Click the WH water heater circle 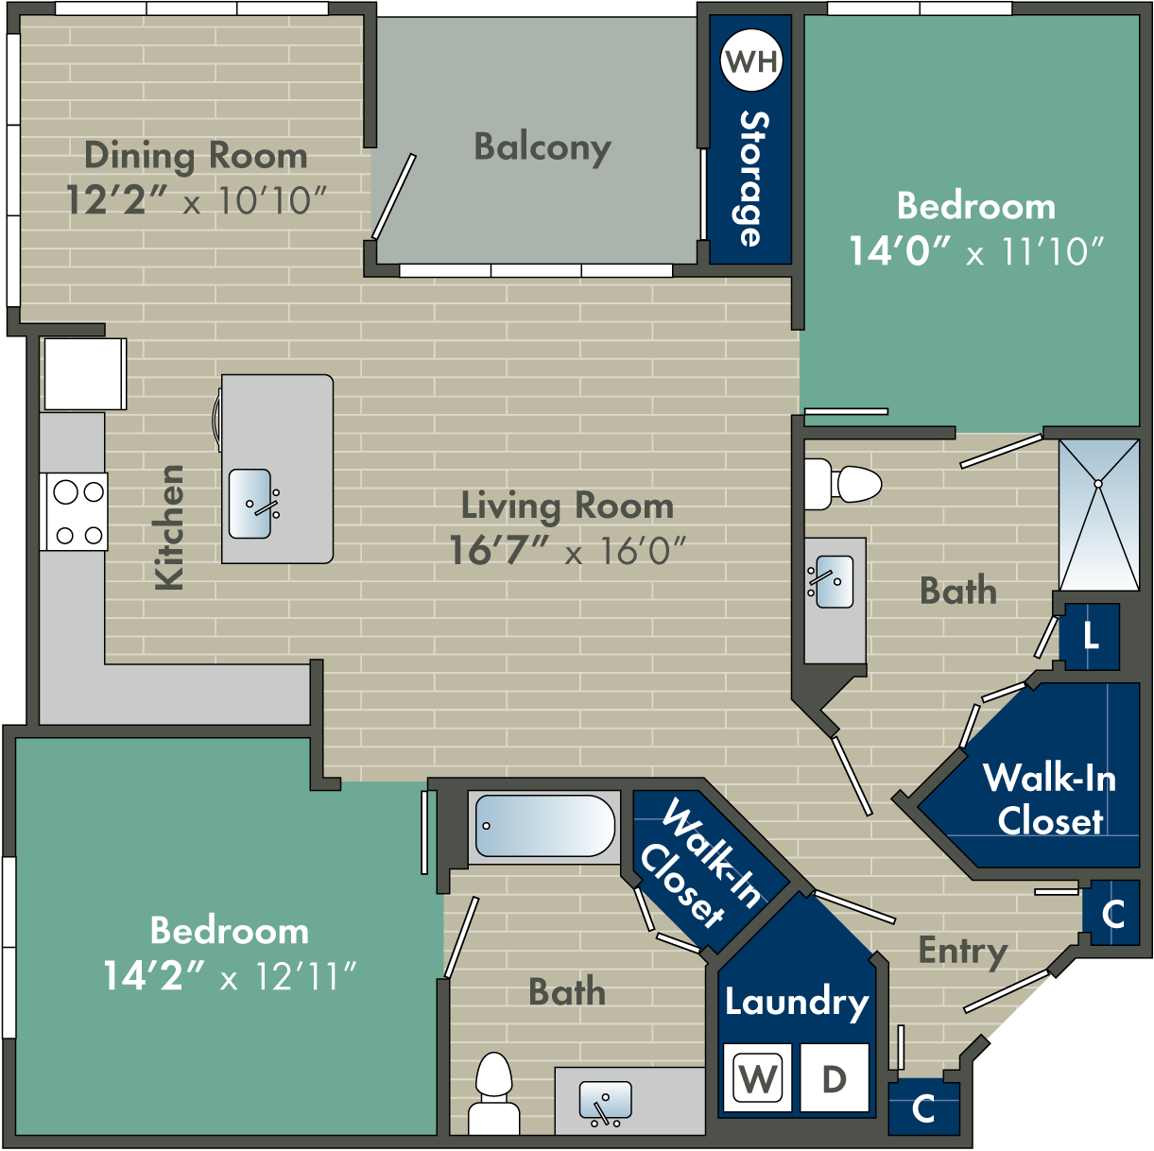[x=751, y=61]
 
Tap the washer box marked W [x=758, y=1077]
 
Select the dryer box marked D [x=834, y=1077]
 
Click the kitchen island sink [x=250, y=504]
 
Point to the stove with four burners [x=75, y=512]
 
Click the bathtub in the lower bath [x=544, y=826]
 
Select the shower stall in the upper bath [x=1098, y=515]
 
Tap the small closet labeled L [x=1090, y=636]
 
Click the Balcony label [x=543, y=147]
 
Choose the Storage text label [x=752, y=180]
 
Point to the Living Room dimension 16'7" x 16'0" [x=567, y=550]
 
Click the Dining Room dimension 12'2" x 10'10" [x=196, y=200]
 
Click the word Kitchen [x=169, y=527]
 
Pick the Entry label [x=962, y=951]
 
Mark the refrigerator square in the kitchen [x=84, y=373]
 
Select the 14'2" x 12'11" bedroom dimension [x=230, y=976]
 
